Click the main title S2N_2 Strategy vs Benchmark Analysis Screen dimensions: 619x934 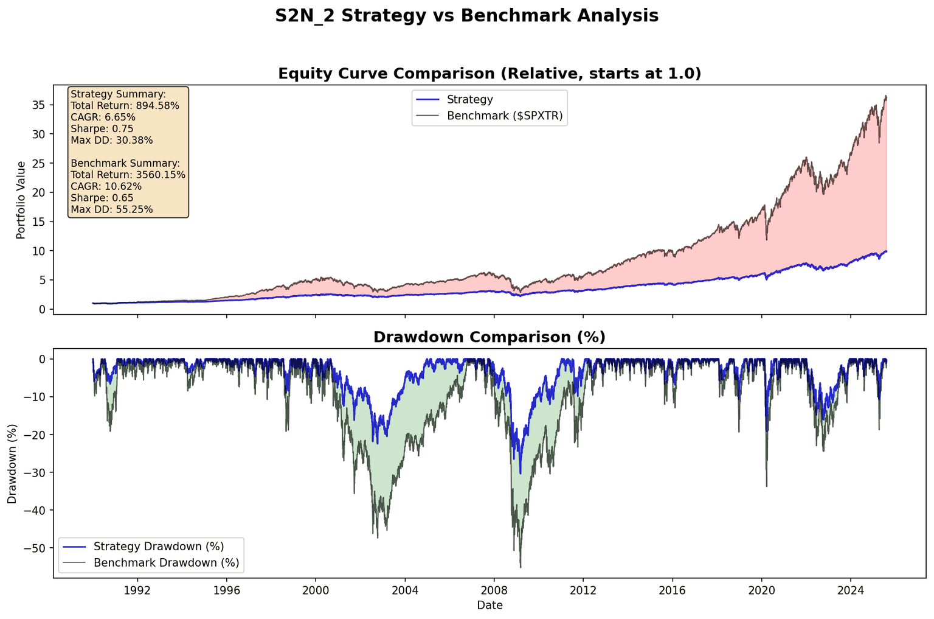[x=466, y=16]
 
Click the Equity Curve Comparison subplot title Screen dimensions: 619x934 [x=489, y=74]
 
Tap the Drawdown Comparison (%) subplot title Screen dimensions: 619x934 [x=489, y=337]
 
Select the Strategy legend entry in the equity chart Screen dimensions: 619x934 [x=469, y=99]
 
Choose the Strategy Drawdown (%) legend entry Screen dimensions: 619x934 [x=159, y=546]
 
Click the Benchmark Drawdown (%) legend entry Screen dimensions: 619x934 [x=166, y=562]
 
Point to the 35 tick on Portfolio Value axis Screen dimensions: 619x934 [x=39, y=105]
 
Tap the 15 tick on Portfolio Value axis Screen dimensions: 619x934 [x=39, y=222]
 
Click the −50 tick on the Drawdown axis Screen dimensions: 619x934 [x=36, y=548]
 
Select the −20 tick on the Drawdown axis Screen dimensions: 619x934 [x=36, y=435]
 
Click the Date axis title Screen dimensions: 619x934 [x=489, y=606]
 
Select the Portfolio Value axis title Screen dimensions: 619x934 [x=21, y=200]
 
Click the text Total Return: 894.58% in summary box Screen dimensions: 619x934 [x=125, y=106]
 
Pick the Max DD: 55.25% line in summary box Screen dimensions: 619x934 [x=112, y=210]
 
